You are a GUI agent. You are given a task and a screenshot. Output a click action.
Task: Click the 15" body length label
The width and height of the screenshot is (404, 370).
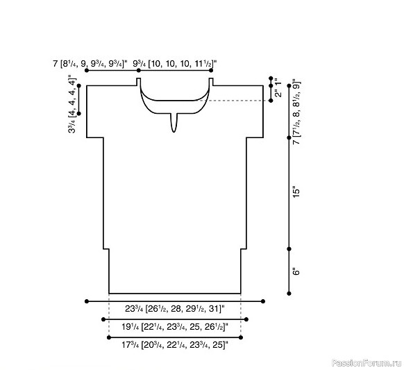[x=296, y=192]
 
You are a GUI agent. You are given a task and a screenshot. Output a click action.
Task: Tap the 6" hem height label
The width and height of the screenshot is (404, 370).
[x=296, y=272]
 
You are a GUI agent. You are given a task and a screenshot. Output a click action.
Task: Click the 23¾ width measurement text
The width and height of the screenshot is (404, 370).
[x=175, y=308]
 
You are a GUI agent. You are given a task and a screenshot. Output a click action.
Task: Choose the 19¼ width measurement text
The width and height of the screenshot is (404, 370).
[x=175, y=327]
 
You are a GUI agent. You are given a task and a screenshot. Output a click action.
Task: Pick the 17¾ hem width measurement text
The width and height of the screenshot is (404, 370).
[x=175, y=344]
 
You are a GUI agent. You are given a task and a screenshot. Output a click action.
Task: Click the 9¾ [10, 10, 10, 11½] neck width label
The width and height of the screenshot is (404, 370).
[x=175, y=64]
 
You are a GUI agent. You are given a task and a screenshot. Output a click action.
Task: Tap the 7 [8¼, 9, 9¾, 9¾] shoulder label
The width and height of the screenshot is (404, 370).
[x=90, y=64]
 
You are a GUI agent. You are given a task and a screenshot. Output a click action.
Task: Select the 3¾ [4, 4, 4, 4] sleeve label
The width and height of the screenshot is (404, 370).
[x=72, y=104]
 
